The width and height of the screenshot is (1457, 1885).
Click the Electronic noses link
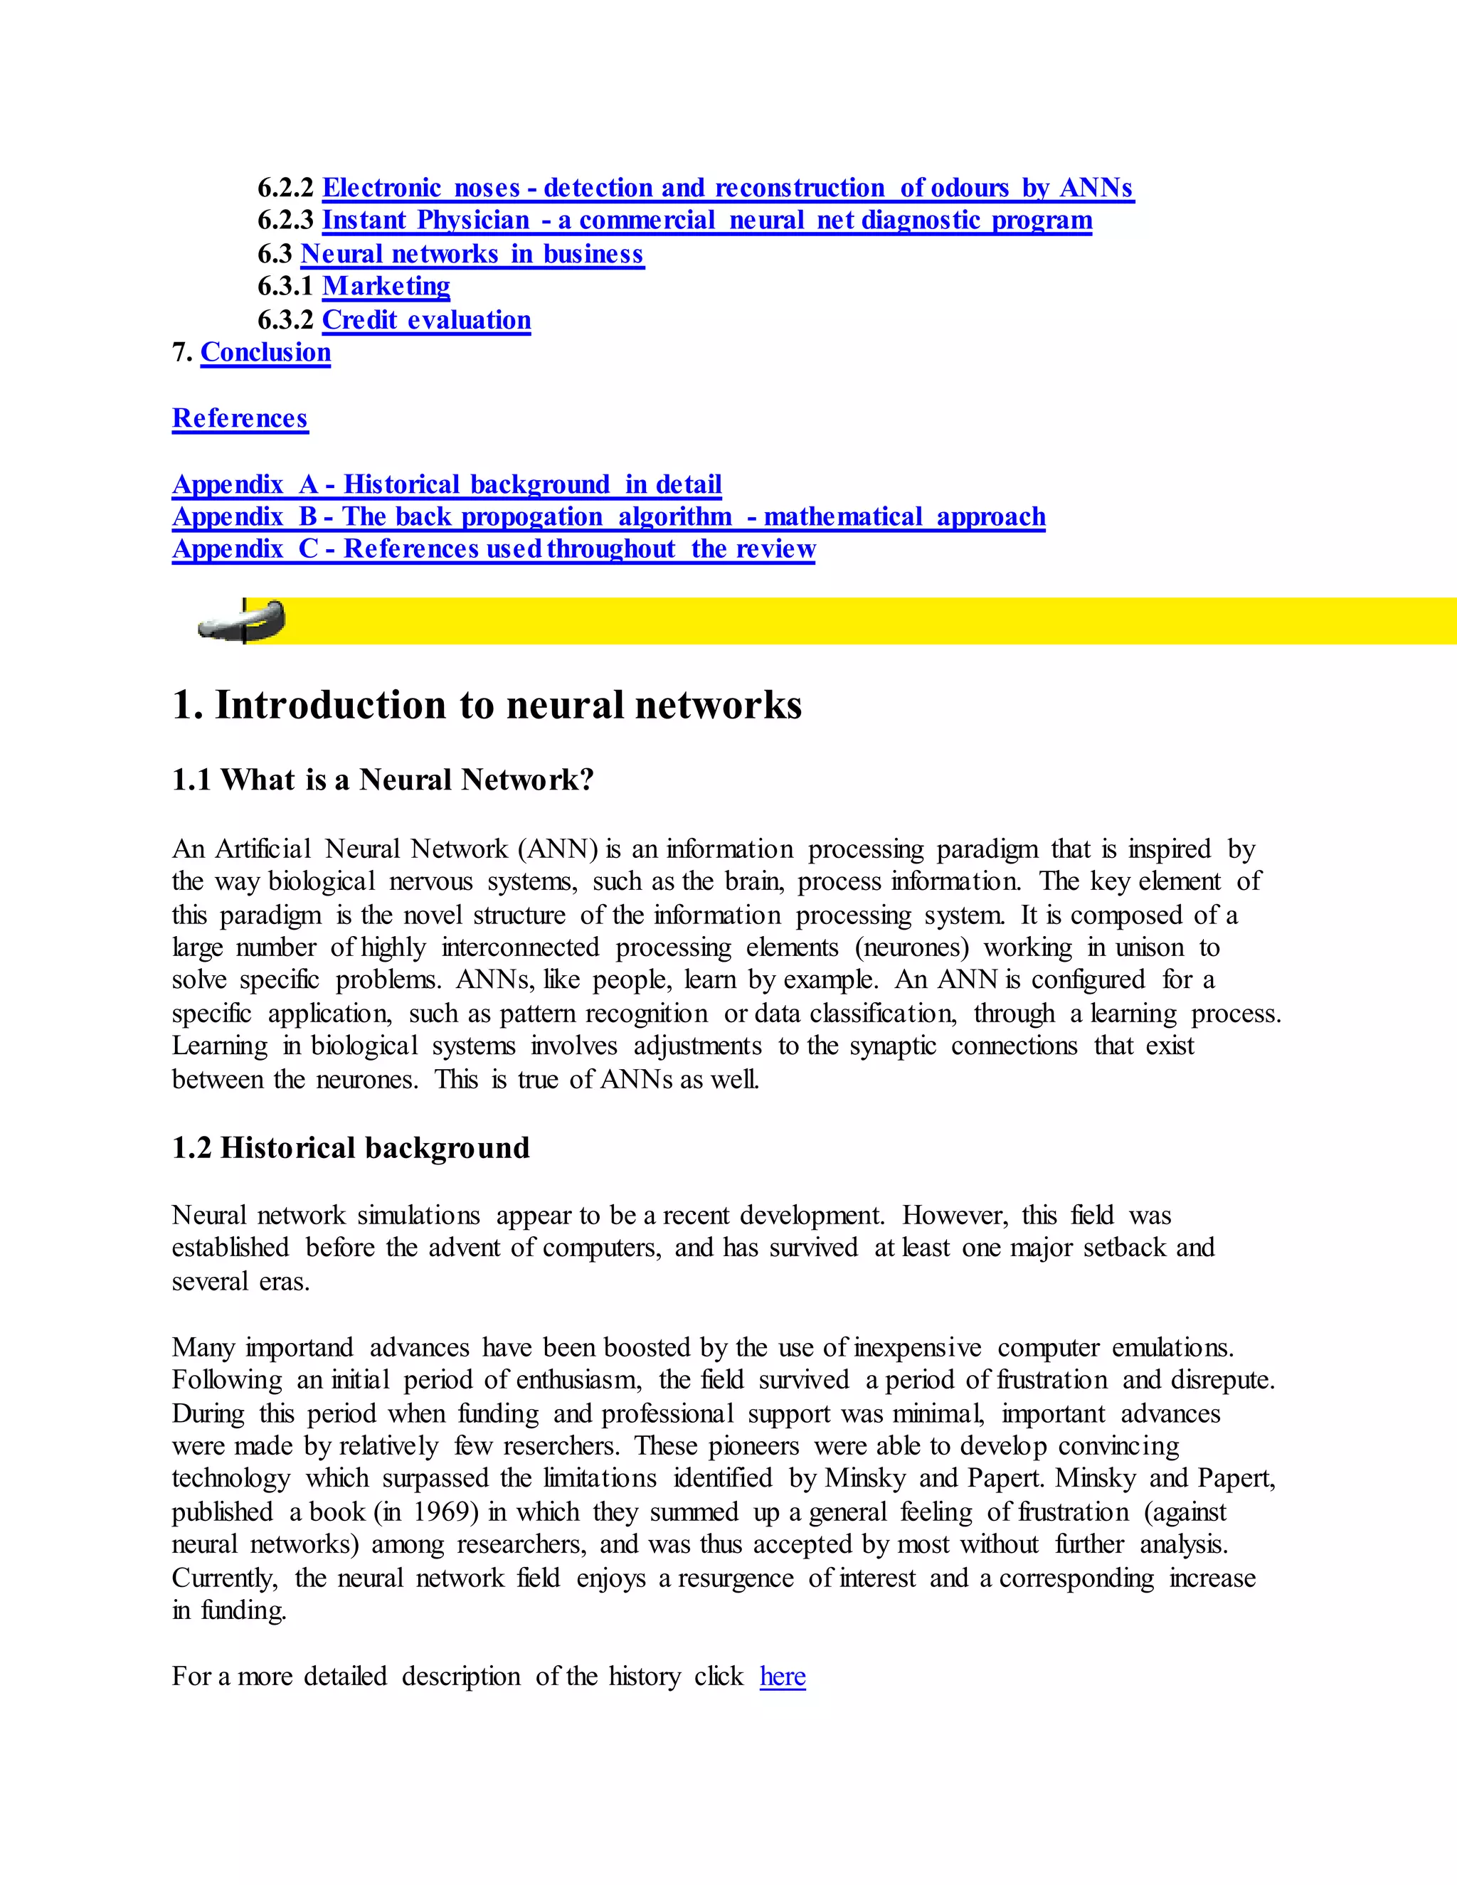click(x=728, y=188)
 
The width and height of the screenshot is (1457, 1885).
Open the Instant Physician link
click(x=707, y=221)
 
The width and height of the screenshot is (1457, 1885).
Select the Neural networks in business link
click(x=472, y=255)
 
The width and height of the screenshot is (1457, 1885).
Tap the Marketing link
click(x=386, y=287)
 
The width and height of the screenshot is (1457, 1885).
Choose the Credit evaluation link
click(x=426, y=320)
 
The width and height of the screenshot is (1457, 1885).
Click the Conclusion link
click(x=266, y=353)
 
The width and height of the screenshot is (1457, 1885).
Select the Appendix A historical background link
click(x=447, y=485)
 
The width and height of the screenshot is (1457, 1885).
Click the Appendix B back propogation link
click(x=608, y=517)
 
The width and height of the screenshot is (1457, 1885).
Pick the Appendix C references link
click(x=494, y=550)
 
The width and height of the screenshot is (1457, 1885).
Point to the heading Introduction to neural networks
click(x=487, y=705)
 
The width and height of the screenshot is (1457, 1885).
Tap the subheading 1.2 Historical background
click(x=351, y=1149)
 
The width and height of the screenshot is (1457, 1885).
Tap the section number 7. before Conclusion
click(x=182, y=353)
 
